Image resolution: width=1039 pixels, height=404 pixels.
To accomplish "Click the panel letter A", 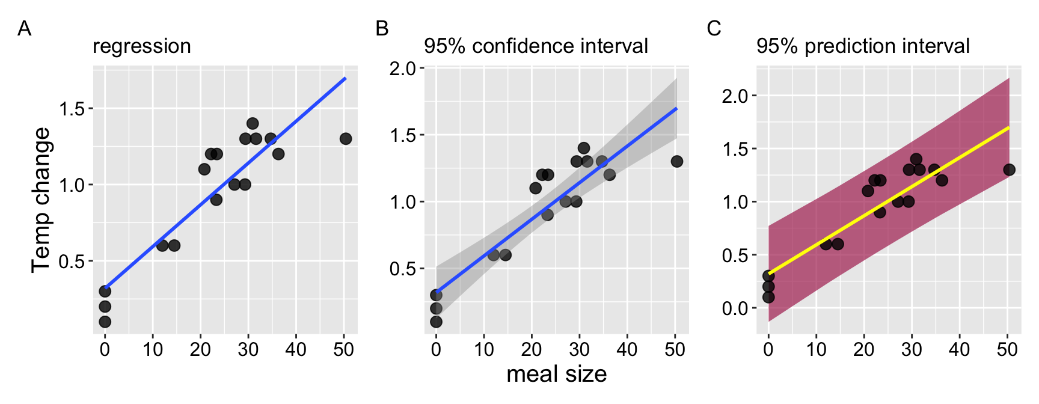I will [x=24, y=28].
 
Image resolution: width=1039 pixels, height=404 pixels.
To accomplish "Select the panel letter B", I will [x=382, y=28].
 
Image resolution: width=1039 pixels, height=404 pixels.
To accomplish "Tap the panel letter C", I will [x=714, y=28].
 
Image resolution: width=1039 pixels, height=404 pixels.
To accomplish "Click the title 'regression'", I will [x=142, y=46].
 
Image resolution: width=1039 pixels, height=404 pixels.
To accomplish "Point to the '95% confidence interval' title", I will [x=536, y=46].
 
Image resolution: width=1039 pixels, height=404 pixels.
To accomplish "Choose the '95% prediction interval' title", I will [x=863, y=46].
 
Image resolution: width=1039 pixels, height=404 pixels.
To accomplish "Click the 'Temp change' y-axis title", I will [x=41, y=200].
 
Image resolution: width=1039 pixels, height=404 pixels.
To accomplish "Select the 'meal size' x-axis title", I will [x=556, y=374].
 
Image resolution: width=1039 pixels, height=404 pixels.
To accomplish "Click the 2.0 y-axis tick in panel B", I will [x=402, y=69].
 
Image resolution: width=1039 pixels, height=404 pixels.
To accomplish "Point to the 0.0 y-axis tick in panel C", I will [x=734, y=308].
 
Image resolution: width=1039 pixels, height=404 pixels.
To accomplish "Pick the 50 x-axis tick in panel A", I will [x=343, y=349].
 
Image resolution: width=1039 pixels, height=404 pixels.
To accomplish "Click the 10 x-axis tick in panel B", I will [x=484, y=349].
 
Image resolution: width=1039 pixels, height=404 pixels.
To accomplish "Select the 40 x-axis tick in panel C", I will [x=960, y=349].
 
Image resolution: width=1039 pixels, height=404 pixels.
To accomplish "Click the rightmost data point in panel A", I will [x=346, y=139].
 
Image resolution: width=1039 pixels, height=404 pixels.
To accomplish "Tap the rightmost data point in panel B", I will [x=677, y=161].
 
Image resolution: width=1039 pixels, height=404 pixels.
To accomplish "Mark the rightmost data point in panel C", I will [x=1010, y=170].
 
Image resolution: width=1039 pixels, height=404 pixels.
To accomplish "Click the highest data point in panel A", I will [x=253, y=123].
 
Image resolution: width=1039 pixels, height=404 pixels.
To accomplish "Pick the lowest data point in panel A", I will [x=105, y=322].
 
